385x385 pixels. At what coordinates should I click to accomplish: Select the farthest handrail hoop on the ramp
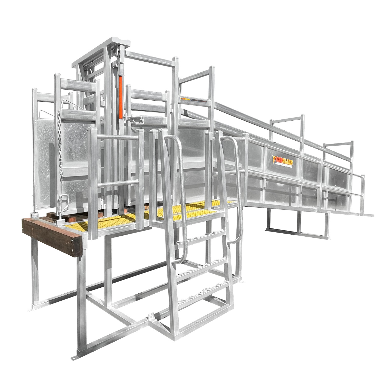point(339,154)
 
